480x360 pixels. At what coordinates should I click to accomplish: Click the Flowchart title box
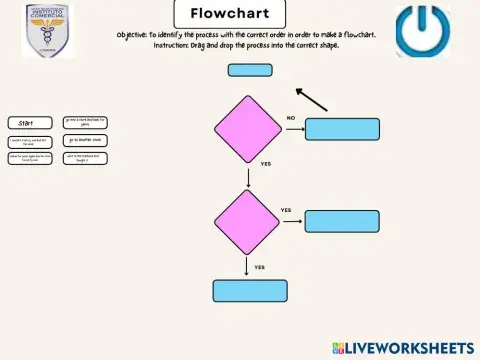click(x=229, y=14)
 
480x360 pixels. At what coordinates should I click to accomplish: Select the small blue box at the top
click(x=249, y=70)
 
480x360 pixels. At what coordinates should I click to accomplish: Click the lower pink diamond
click(x=248, y=222)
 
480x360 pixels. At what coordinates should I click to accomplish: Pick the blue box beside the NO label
click(x=342, y=128)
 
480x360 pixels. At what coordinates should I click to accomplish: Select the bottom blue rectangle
click(x=249, y=290)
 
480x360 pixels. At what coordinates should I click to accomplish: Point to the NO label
click(x=291, y=117)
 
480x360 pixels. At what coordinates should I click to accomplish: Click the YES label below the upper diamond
click(x=266, y=163)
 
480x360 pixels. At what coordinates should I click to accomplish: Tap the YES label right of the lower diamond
click(x=286, y=210)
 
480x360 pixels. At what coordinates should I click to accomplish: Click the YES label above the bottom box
click(x=260, y=267)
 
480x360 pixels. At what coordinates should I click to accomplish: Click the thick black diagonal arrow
click(x=312, y=98)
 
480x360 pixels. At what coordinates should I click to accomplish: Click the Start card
click(x=29, y=123)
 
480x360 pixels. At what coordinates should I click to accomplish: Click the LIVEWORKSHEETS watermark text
click(x=410, y=348)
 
